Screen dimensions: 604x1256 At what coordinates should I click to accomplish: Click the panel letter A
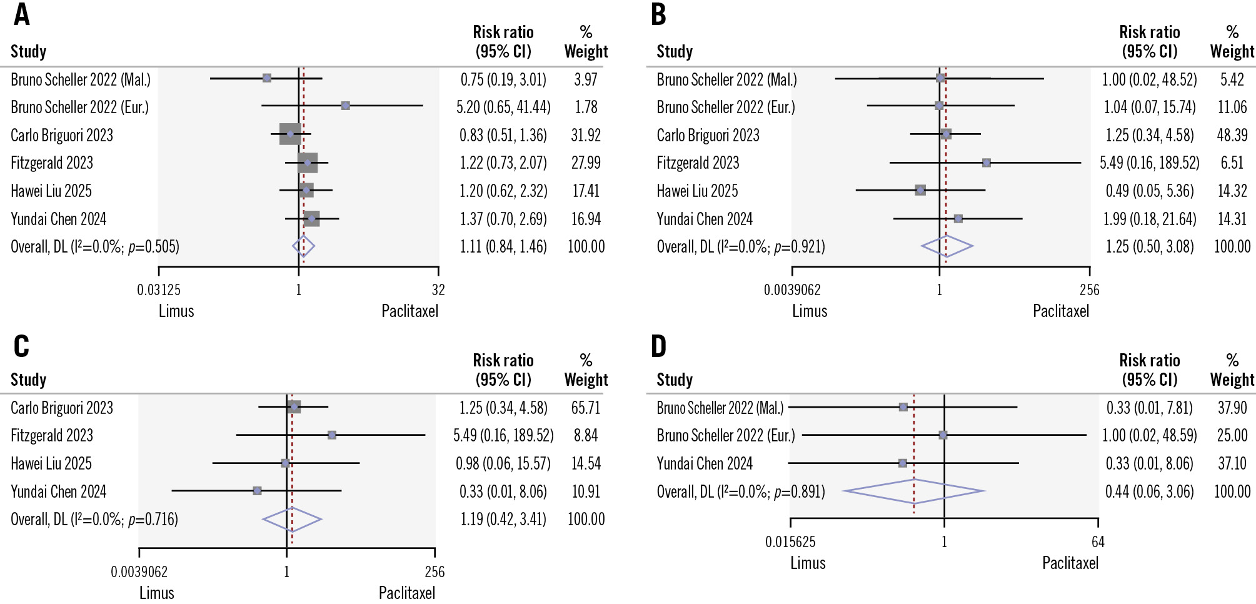21,14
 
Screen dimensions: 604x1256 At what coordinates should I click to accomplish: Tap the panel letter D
658,346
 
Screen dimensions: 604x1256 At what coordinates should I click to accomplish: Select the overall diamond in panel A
303,246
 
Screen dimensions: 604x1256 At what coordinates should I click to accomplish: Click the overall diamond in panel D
914,491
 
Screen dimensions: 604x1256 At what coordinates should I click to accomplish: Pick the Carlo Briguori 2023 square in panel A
290,134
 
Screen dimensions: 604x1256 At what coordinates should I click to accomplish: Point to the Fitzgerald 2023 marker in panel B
986,163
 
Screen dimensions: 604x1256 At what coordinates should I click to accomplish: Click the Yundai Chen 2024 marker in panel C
257,491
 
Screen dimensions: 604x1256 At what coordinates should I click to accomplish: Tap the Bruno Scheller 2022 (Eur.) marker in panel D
943,435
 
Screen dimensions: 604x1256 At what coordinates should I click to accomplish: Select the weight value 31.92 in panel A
586,135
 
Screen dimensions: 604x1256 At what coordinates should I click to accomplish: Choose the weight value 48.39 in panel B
1232,135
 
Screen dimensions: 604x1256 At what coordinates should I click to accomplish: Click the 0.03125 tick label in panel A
159,290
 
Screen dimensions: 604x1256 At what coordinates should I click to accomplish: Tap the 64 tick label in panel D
1098,542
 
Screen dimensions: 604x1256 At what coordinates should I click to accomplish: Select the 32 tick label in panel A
438,290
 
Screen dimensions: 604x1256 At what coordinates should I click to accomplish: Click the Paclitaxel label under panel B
1060,311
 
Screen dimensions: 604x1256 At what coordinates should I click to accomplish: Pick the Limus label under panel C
156,593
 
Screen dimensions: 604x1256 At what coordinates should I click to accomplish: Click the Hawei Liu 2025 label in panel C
51,463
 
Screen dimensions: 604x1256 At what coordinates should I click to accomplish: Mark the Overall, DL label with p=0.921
740,247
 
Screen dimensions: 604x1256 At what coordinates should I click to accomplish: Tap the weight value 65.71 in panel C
586,408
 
